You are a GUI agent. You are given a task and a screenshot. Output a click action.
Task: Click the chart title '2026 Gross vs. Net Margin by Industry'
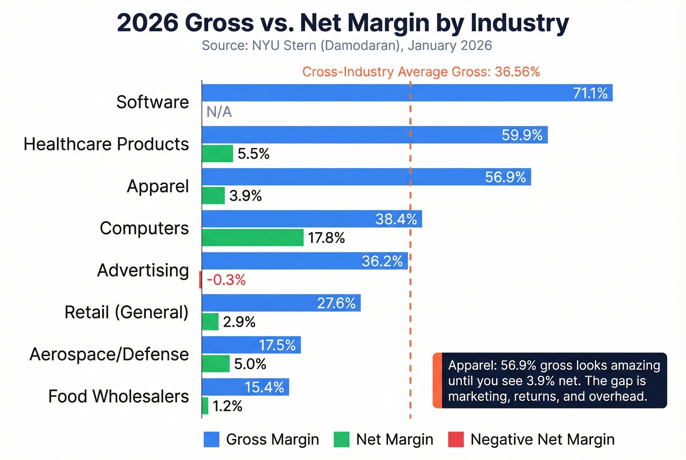click(343, 23)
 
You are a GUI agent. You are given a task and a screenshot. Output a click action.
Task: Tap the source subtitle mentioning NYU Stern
click(346, 46)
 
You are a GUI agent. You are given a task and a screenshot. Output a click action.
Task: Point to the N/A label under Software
click(219, 112)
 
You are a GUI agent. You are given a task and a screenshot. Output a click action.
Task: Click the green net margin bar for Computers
click(252, 238)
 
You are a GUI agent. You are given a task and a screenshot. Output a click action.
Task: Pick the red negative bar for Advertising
click(200, 280)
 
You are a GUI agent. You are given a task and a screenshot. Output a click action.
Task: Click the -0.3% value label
click(226, 280)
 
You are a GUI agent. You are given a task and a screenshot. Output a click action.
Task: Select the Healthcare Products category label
click(106, 144)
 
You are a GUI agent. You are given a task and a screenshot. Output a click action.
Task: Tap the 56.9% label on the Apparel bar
click(505, 177)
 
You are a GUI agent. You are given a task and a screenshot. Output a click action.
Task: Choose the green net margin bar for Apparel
click(213, 195)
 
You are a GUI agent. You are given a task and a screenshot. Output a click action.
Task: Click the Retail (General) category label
click(126, 312)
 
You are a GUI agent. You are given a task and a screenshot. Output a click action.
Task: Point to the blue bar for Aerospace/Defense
click(251, 345)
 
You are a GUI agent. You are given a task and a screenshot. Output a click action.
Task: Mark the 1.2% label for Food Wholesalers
click(227, 406)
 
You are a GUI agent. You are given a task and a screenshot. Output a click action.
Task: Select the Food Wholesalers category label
click(118, 396)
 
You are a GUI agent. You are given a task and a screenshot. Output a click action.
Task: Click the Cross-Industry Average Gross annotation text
click(420, 72)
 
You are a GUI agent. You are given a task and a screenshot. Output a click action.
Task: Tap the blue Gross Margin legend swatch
click(211, 439)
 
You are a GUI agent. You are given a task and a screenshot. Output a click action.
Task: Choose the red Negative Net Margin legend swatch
click(456, 439)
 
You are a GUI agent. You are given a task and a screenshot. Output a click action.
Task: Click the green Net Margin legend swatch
click(341, 439)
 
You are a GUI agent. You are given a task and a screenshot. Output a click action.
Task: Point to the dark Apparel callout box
click(550, 381)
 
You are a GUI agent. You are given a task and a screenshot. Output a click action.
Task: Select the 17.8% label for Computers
click(326, 238)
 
